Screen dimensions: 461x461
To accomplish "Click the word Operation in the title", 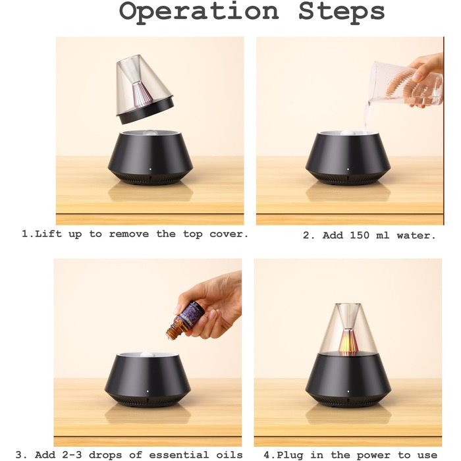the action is (199, 12).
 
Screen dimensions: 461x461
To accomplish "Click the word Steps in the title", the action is (342, 12).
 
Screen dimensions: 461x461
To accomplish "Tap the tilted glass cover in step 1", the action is (144, 89).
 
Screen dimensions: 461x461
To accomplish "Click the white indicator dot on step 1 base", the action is (151, 169).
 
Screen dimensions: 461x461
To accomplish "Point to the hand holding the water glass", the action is (425, 76).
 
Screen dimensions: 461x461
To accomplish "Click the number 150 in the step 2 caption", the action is (361, 235).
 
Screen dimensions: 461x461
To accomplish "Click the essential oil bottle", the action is (185, 319).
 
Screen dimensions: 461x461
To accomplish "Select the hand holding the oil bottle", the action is (211, 306).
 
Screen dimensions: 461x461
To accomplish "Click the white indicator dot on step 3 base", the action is (148, 391).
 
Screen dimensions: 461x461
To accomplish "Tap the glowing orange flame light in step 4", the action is (348, 342).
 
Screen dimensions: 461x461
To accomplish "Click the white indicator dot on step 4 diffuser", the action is (348, 391).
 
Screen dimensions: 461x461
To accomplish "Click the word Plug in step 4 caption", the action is (290, 455).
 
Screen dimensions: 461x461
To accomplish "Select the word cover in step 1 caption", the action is (229, 234).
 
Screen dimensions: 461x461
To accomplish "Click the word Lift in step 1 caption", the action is (49, 234).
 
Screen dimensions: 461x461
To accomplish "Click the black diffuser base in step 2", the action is (348, 159).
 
